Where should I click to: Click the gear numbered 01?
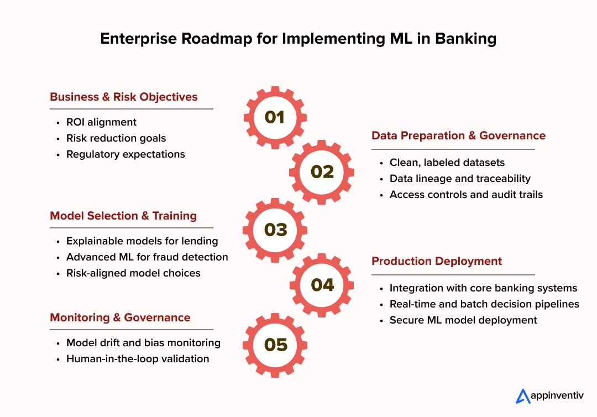pos(275,117)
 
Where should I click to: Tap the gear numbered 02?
pos(322,171)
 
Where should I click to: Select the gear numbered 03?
pos(275,230)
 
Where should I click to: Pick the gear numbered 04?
pos(322,285)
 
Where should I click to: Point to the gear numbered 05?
pos(275,345)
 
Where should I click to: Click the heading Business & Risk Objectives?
pos(123,97)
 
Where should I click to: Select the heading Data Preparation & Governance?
pos(458,135)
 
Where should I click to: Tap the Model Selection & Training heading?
pos(123,216)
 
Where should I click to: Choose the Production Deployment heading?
pos(437,261)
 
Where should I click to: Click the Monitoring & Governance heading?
pos(120,317)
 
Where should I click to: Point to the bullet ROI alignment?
pos(101,122)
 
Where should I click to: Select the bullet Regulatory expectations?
pos(125,154)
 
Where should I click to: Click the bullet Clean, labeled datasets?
pos(447,163)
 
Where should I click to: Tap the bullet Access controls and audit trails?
pos(466,195)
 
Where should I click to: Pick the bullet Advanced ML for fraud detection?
pos(147,257)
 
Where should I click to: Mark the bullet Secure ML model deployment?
pos(463,320)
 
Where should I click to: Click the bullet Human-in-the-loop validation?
pos(138,359)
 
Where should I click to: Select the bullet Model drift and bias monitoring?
pos(143,343)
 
